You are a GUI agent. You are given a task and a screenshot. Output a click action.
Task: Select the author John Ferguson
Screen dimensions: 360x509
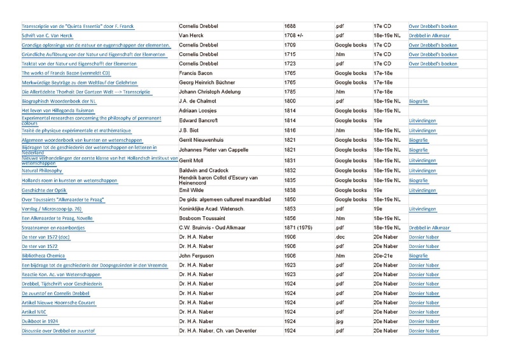(x=200, y=256)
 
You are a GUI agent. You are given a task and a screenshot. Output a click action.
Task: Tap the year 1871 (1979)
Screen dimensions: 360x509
(x=300, y=227)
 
